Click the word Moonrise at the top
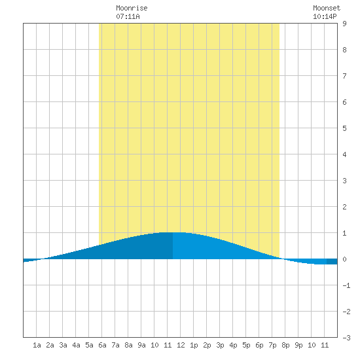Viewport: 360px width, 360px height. (x=132, y=8)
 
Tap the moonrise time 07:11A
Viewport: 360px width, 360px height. (x=128, y=16)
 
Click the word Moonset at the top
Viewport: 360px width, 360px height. (x=327, y=8)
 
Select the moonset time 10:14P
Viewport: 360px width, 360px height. (x=325, y=16)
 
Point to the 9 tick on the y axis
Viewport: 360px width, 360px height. (x=344, y=24)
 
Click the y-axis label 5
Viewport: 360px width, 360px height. (x=344, y=128)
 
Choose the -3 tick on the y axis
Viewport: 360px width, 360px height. (x=346, y=338)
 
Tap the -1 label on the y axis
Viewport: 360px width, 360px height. (x=346, y=285)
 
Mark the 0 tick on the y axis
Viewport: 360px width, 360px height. (x=344, y=259)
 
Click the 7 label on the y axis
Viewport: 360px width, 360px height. (x=344, y=76)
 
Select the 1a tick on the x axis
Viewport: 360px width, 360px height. (x=37, y=345)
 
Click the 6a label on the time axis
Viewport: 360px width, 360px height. (x=102, y=345)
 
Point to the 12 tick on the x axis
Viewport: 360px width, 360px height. (x=181, y=345)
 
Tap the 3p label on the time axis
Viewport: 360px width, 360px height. (x=220, y=345)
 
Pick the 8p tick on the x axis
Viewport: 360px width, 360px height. (x=285, y=345)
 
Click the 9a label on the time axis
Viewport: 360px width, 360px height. (x=141, y=345)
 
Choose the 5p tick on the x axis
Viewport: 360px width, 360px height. (x=246, y=345)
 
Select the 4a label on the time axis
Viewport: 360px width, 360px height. (x=76, y=345)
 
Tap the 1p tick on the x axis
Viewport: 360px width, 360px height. (x=194, y=345)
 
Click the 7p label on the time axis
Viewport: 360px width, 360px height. (x=272, y=345)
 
